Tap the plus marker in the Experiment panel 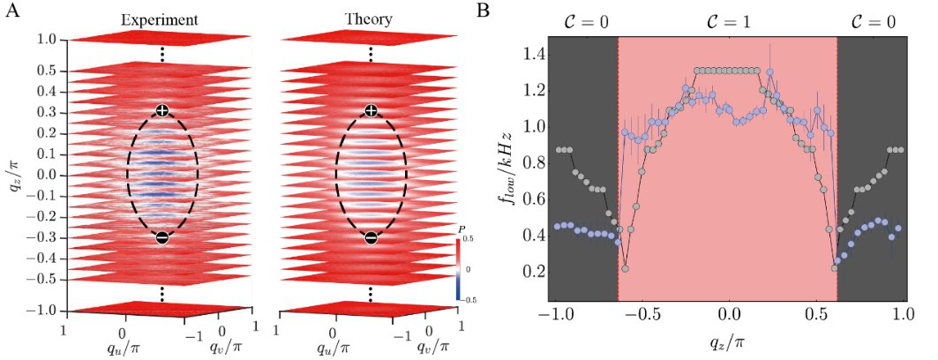[161, 110]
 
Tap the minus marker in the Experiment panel [161, 237]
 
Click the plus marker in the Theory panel [371, 110]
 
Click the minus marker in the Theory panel [371, 237]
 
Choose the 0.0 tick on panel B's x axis [728, 314]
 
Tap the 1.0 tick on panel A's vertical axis [46, 41]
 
